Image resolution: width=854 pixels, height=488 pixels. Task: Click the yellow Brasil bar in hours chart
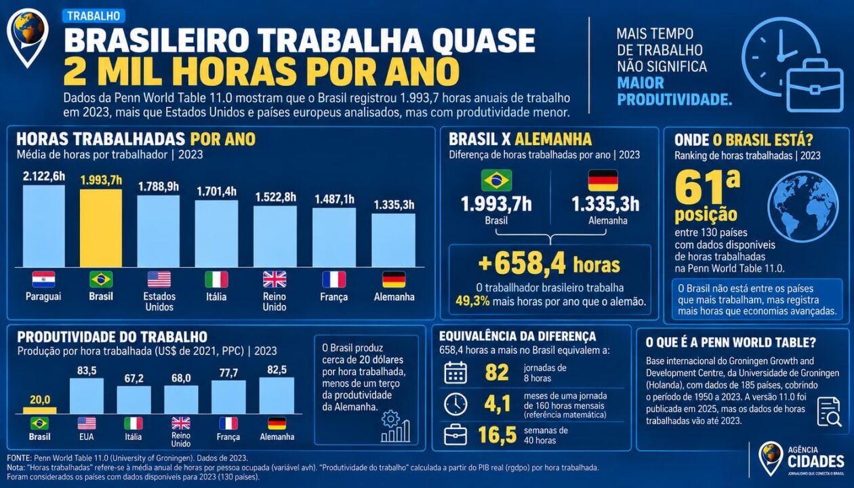pyautogui.click(x=101, y=228)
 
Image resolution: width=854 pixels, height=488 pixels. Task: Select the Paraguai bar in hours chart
pyautogui.click(x=44, y=226)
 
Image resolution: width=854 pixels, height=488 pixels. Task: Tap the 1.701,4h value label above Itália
pyautogui.click(x=217, y=191)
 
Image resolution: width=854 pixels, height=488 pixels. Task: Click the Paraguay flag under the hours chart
pyautogui.click(x=43, y=279)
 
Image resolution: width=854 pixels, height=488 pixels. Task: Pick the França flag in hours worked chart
pyautogui.click(x=334, y=279)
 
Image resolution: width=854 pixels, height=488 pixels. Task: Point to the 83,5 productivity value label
pyautogui.click(x=87, y=371)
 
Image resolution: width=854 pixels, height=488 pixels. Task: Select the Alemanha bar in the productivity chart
pyautogui.click(x=277, y=395)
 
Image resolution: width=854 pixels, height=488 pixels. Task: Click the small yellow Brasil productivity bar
pyautogui.click(x=39, y=410)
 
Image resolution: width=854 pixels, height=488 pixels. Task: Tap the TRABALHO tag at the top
pyautogui.click(x=94, y=16)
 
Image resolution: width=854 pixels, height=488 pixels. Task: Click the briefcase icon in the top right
pyautogui.click(x=815, y=88)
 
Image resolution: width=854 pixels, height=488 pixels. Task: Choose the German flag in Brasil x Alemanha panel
pyautogui.click(x=603, y=180)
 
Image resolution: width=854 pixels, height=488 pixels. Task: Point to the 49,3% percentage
pyautogui.click(x=472, y=302)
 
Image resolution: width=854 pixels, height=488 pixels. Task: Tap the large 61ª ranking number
pyautogui.click(x=707, y=188)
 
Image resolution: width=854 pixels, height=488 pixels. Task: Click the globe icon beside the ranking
pyautogui.click(x=803, y=207)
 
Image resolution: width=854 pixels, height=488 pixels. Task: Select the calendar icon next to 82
pyautogui.click(x=455, y=373)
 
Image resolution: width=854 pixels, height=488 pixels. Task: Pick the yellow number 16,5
pyautogui.click(x=497, y=435)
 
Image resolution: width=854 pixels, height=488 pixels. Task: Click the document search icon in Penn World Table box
pyautogui.click(x=829, y=412)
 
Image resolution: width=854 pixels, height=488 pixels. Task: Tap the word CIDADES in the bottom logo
pyautogui.click(x=816, y=462)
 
